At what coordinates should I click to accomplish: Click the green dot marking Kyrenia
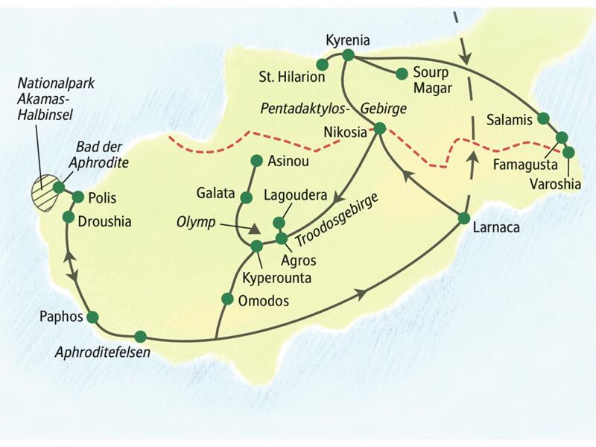click(x=347, y=54)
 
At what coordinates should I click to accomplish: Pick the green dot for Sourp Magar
click(x=401, y=73)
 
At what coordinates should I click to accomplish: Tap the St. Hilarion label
click(x=291, y=77)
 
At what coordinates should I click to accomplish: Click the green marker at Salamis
click(x=543, y=118)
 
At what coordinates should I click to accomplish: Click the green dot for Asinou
click(x=256, y=159)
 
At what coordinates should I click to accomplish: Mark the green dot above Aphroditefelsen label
click(x=139, y=336)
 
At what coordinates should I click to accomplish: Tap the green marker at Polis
click(x=77, y=197)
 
